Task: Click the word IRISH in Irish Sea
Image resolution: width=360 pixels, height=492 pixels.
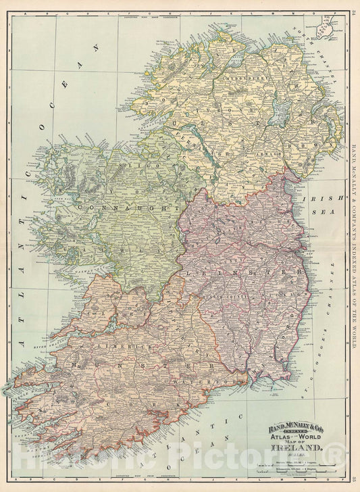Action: (317, 199)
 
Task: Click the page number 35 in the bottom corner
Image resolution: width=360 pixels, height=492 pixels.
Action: (353, 481)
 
